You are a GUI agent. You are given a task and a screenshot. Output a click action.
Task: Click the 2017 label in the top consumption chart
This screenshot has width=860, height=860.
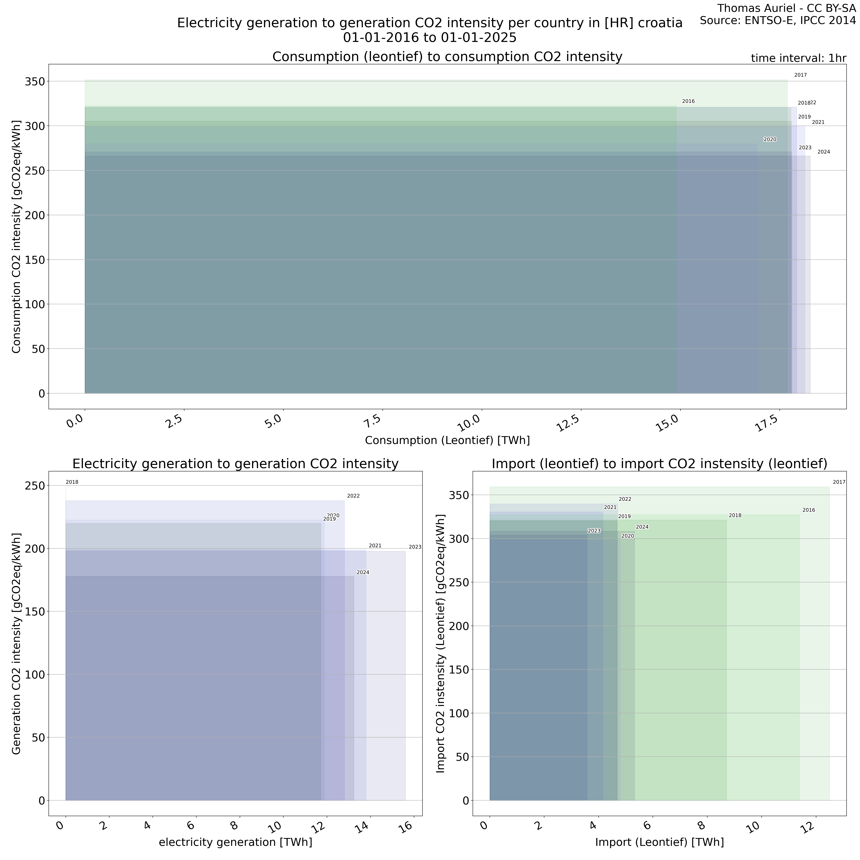point(800,75)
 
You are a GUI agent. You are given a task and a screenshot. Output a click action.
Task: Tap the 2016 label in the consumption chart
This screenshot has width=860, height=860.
point(688,101)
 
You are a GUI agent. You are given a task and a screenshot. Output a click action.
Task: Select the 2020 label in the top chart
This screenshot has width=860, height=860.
point(770,140)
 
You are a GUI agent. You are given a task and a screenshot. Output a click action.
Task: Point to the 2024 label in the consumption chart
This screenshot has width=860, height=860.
point(823,152)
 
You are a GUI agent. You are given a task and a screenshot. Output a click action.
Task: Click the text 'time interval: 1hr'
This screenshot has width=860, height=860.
point(798,58)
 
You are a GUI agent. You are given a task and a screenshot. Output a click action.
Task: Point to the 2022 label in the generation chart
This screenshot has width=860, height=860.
point(353,496)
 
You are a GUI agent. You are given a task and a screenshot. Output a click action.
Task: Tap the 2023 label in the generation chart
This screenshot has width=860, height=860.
point(415,547)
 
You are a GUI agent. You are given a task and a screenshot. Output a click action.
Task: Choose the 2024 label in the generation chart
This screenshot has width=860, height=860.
point(363,572)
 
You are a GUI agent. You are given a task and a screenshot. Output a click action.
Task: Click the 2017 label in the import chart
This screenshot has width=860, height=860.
point(839,482)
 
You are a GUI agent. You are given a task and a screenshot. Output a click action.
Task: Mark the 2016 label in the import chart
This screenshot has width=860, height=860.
point(808,510)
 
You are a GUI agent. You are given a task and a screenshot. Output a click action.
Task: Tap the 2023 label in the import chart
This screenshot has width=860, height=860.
point(594,531)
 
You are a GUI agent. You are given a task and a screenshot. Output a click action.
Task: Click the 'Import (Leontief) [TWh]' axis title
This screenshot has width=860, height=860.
point(659,842)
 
